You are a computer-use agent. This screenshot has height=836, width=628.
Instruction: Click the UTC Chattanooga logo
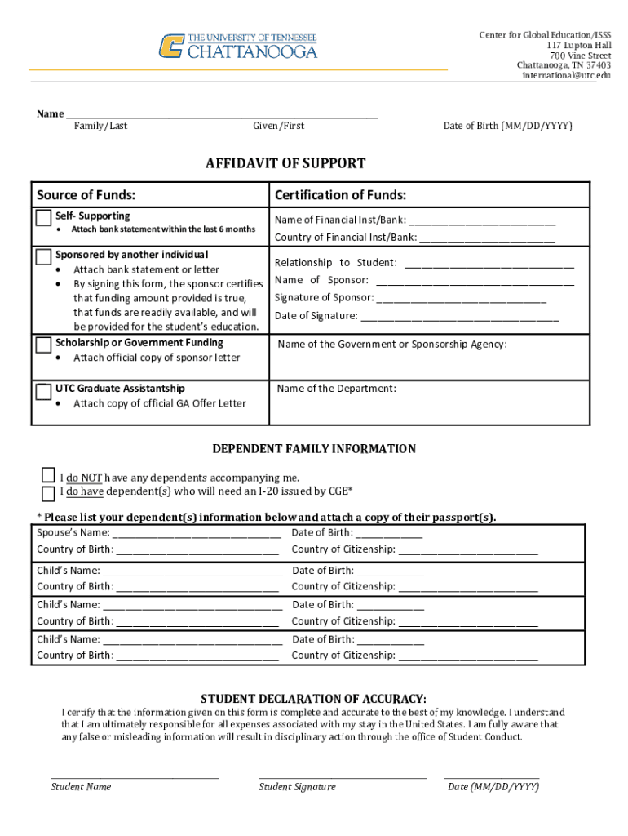click(237, 46)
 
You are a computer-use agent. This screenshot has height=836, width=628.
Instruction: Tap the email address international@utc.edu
click(566, 76)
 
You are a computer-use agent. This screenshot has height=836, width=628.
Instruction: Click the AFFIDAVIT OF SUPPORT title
click(285, 163)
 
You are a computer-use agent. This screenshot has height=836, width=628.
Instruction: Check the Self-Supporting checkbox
click(43, 218)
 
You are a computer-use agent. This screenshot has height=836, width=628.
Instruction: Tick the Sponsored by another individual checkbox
click(43, 256)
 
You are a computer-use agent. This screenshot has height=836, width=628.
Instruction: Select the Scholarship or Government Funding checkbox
click(43, 345)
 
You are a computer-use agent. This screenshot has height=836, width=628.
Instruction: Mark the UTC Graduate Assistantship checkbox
click(43, 391)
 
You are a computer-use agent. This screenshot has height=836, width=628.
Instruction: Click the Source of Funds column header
click(86, 195)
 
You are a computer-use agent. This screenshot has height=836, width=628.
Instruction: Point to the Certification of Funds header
click(340, 195)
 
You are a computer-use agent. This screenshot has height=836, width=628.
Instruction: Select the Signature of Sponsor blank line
click(462, 299)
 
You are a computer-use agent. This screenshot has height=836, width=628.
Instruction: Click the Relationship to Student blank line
click(489, 264)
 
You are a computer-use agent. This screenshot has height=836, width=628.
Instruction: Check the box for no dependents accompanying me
click(49, 476)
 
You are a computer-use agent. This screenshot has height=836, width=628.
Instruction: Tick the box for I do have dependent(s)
click(49, 492)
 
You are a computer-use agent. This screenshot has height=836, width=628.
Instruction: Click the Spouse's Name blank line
click(197, 534)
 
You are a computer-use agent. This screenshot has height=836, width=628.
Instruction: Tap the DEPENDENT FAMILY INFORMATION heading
click(314, 449)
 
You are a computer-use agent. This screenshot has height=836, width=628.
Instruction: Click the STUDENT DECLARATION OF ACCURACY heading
click(313, 699)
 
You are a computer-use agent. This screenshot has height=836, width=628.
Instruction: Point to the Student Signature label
click(297, 787)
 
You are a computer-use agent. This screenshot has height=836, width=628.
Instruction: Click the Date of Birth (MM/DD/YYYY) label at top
click(507, 126)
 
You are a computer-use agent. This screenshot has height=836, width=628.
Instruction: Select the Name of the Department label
click(336, 389)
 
